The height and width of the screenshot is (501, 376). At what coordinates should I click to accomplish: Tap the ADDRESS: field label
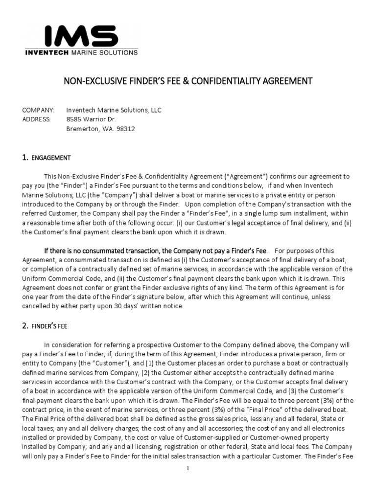coord(37,119)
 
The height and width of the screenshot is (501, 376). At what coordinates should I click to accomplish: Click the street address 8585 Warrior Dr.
coord(91,119)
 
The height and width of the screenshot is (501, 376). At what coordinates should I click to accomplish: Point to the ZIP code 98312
coord(125,129)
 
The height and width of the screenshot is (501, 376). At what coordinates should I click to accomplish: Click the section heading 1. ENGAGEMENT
coord(47,158)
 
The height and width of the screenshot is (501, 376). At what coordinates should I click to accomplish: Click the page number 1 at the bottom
coord(188,468)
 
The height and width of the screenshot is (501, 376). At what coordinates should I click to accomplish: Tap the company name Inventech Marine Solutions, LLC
coord(114,110)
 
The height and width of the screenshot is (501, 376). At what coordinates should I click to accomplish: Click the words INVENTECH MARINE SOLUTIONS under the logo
coord(81,52)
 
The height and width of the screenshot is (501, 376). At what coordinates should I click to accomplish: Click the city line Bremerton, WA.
coord(89,129)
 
